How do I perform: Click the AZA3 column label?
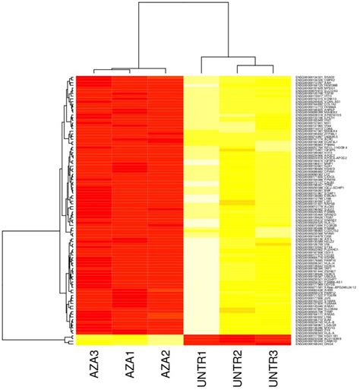pyautogui.click(x=93, y=367)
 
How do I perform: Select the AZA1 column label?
pyautogui.click(x=130, y=367)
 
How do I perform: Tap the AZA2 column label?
pyautogui.click(x=166, y=367)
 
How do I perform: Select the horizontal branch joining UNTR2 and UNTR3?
pyautogui.click(x=256, y=65)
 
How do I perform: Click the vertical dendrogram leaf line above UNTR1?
pyautogui.click(x=202, y=65)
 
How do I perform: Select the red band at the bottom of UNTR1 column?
pyautogui.click(x=202, y=338)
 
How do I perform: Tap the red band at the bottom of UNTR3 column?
pyautogui.click(x=274, y=338)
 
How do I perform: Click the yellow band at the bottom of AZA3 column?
pyautogui.click(x=93, y=338)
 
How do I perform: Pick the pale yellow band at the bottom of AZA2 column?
pyautogui.click(x=166, y=338)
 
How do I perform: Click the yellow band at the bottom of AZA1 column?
pyautogui.click(x=130, y=338)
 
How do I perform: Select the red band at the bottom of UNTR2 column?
pyautogui.click(x=238, y=338)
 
